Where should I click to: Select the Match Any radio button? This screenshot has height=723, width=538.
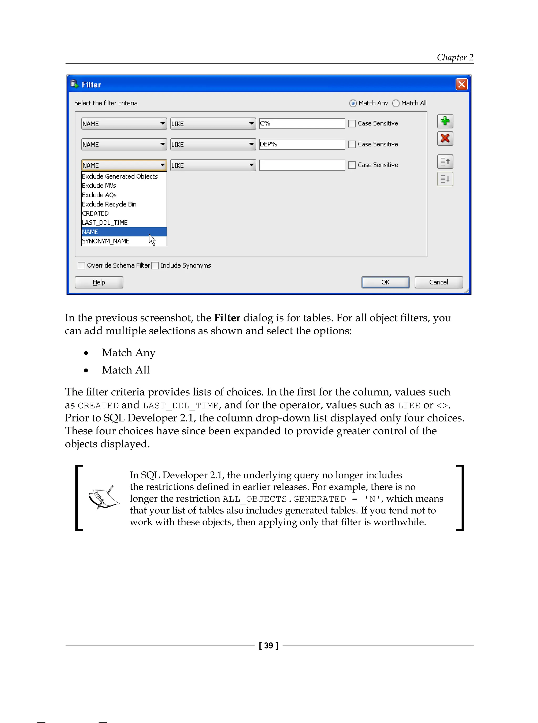pos(353,103)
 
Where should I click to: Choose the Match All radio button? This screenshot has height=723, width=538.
pos(396,103)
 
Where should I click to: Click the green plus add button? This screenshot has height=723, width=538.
pos(445,121)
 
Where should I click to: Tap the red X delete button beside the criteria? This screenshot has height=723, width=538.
pos(445,138)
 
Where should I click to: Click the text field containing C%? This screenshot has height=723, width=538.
pos(302,124)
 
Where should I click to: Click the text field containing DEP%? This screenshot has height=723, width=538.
pos(302,144)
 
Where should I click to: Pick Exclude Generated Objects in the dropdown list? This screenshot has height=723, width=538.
pos(120,176)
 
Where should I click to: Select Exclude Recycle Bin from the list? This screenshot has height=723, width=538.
pos(109,204)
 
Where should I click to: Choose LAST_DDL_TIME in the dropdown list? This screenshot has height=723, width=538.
pos(105,223)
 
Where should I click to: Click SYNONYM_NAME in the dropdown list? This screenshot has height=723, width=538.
pos(106,241)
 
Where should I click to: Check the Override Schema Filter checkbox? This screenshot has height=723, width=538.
pos(81,266)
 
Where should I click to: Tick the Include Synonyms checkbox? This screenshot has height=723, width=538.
pos(155,266)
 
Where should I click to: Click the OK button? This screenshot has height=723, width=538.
pos(385,282)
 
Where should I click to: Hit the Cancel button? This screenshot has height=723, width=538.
pos(438,282)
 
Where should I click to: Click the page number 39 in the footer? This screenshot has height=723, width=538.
pos(268,646)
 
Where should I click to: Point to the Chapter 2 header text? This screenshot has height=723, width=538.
pos(455,57)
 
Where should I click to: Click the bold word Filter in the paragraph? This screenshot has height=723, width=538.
pos(227,318)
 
